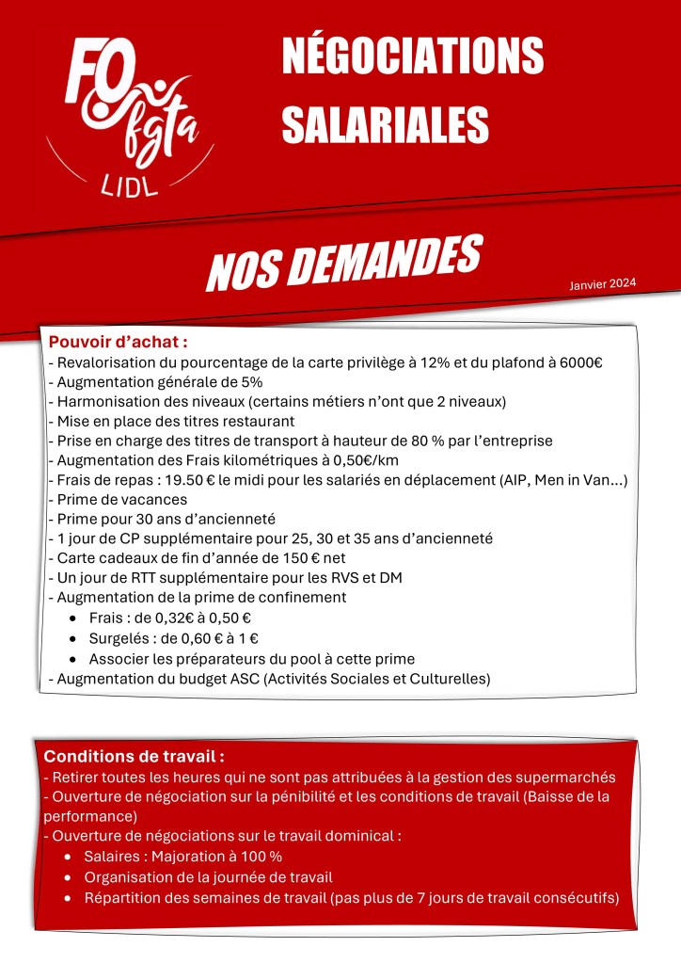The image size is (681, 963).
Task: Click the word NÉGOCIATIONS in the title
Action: coord(413,58)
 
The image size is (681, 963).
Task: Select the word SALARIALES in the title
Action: coord(386,124)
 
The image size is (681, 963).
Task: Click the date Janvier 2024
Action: coord(603,283)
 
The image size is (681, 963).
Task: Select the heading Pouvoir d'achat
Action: coord(119,341)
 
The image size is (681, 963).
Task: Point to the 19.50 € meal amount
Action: coord(192,480)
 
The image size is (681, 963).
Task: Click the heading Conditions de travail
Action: coord(135,756)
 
